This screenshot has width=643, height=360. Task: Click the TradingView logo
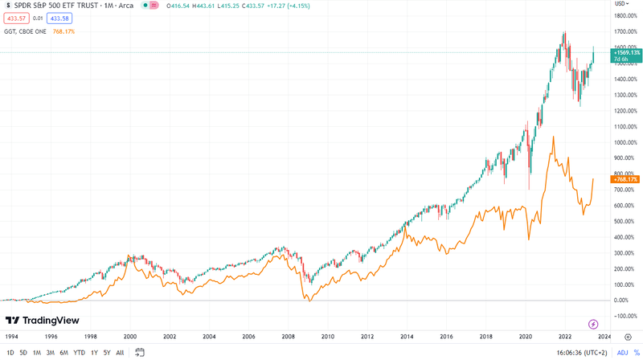pyautogui.click(x=46, y=321)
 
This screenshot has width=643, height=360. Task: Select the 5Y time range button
pyautogui.click(x=107, y=352)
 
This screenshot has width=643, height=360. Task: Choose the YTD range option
pyautogui.click(x=80, y=352)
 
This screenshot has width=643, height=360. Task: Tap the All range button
pyautogui.click(x=121, y=352)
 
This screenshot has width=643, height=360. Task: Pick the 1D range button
pyautogui.click(x=10, y=352)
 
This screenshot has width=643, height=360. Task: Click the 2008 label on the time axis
pyautogui.click(x=288, y=337)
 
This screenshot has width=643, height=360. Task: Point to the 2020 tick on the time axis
pyautogui.click(x=525, y=337)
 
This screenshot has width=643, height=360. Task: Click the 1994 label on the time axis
pyautogui.click(x=12, y=337)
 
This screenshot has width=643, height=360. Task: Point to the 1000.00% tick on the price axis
pyautogui.click(x=625, y=142)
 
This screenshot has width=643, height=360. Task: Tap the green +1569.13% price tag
pyautogui.click(x=625, y=52)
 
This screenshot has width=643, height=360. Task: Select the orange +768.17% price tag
pyautogui.click(x=625, y=179)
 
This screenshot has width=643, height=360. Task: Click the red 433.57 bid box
pyautogui.click(x=15, y=17)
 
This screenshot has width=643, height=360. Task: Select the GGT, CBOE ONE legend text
pyautogui.click(x=25, y=31)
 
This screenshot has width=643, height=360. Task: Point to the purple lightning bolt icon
pyautogui.click(x=593, y=323)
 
